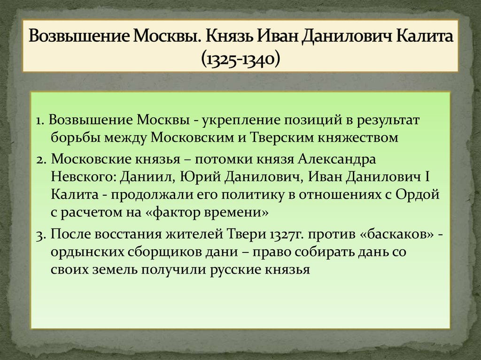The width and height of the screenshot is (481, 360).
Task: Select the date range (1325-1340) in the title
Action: [240, 58]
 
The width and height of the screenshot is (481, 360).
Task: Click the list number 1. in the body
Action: [40, 121]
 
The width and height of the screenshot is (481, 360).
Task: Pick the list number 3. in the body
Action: [41, 235]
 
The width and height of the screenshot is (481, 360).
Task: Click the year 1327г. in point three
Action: [290, 235]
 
